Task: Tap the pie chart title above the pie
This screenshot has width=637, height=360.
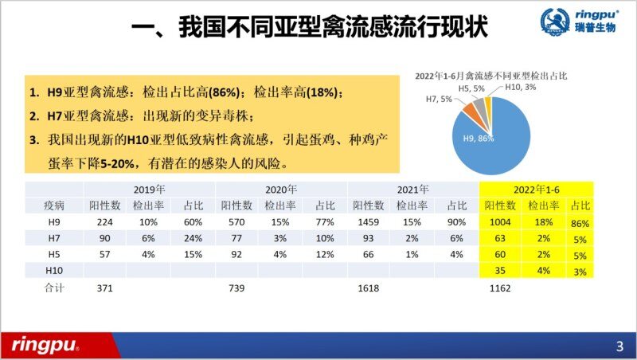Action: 496,75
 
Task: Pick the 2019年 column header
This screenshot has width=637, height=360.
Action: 149,190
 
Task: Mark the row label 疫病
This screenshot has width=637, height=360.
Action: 53,205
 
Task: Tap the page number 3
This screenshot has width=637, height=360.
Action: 619,346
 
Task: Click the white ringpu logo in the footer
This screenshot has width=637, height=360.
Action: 45,344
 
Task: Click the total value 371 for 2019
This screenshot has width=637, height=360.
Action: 106,287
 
